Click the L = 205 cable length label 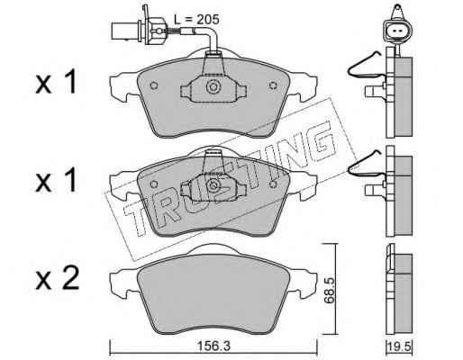point(196,20)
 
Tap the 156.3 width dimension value point(213,346)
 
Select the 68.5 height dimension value point(329,291)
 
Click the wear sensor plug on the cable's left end point(138,31)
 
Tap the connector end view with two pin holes point(396,31)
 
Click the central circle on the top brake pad point(213,87)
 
